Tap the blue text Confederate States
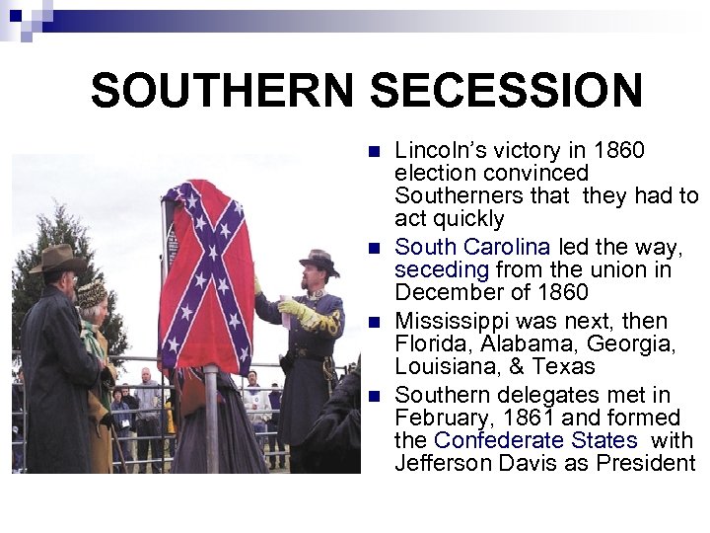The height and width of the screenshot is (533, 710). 535,439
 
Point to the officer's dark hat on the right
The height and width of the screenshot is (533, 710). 318,261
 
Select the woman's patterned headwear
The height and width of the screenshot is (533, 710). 92,294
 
